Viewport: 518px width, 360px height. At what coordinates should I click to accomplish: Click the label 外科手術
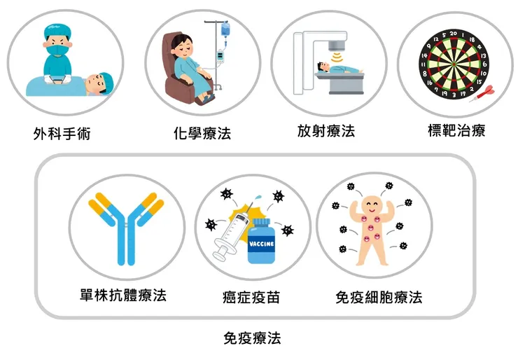pyautogui.click(x=62, y=134)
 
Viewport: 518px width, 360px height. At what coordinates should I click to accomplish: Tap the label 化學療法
pyautogui.click(x=202, y=133)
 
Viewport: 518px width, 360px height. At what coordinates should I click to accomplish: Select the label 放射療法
pyautogui.click(x=326, y=130)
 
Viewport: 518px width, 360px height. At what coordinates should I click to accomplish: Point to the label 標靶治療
pyautogui.click(x=456, y=130)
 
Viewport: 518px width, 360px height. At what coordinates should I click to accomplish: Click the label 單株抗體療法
pyautogui.click(x=123, y=295)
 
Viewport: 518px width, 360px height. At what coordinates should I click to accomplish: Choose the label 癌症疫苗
pyautogui.click(x=251, y=297)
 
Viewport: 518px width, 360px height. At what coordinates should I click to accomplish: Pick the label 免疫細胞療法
pyautogui.click(x=379, y=297)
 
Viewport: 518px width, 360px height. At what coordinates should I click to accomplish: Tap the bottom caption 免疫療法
pyautogui.click(x=252, y=338)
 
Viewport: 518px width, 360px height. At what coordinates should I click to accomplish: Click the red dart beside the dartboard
pyautogui.click(x=482, y=94)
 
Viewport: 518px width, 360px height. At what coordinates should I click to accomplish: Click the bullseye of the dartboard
pyautogui.click(x=454, y=64)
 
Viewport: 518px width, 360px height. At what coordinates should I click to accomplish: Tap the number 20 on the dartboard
pyautogui.click(x=454, y=34)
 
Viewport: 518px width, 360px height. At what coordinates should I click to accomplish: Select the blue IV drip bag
pyautogui.click(x=225, y=29)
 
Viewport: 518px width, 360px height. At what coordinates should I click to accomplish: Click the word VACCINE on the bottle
pyautogui.click(x=261, y=244)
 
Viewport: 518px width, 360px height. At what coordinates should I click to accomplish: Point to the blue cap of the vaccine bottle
pyautogui.click(x=262, y=222)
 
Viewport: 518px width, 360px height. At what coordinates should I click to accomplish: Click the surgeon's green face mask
pyautogui.click(x=57, y=51)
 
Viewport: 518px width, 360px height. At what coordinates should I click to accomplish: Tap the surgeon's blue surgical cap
pyautogui.click(x=58, y=32)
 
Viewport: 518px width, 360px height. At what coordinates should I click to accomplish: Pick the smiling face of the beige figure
pyautogui.click(x=371, y=205)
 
